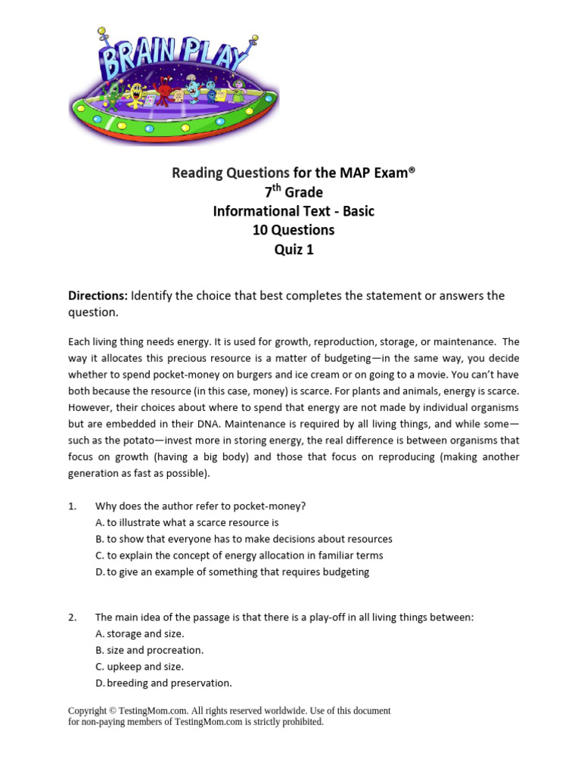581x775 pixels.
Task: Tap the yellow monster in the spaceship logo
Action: pos(136,95)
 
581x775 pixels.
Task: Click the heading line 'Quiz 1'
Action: pos(294,250)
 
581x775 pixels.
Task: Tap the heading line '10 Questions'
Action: pos(294,230)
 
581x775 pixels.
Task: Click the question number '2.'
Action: pos(73,618)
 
